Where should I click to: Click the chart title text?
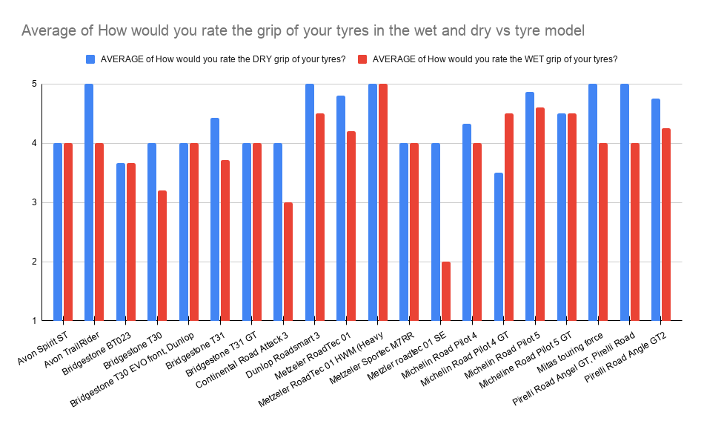302,31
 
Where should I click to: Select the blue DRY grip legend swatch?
90,59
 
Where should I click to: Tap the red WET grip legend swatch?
362,59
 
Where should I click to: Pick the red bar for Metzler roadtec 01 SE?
446,290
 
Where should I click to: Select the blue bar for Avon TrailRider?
89,202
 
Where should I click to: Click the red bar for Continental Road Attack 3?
288,261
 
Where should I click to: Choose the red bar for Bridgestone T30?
162,255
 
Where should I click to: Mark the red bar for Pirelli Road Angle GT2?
666,224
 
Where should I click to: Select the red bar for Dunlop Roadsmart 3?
320,216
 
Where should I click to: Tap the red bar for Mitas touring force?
603,231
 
